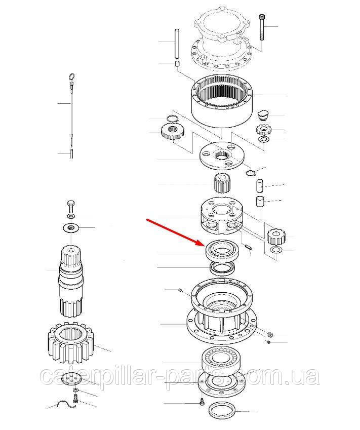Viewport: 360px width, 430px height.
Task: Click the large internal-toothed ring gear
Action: click(222, 101)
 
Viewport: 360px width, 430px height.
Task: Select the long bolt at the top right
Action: click(261, 27)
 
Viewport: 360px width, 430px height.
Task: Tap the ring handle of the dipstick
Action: click(71, 76)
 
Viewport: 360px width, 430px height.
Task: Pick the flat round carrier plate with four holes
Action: click(222, 157)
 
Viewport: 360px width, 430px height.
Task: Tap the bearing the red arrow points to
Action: click(222, 249)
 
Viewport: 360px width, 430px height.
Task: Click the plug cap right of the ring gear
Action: click(264, 115)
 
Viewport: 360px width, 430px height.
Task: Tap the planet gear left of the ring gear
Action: click(173, 131)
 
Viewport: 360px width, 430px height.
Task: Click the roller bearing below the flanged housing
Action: click(222, 359)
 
